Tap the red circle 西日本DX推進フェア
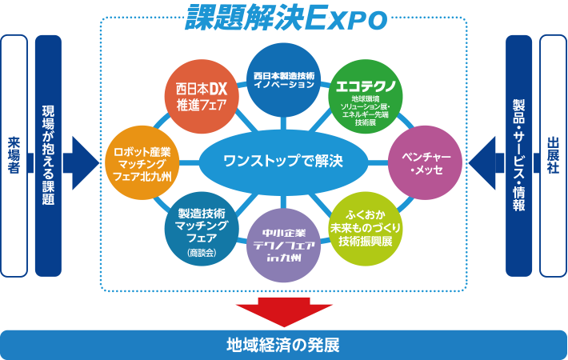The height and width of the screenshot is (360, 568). pyautogui.click(x=197, y=94)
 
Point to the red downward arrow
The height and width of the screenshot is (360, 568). pyautogui.click(x=283, y=313)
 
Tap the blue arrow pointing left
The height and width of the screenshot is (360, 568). pyautogui.click(x=485, y=157)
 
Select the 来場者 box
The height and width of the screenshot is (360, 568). pyautogui.click(x=14, y=157)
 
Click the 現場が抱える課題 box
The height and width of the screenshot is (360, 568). pyautogui.click(x=48, y=157)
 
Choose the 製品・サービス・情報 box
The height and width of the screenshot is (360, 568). pyautogui.click(x=518, y=157)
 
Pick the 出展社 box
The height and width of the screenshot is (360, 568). pyautogui.click(x=553, y=157)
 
